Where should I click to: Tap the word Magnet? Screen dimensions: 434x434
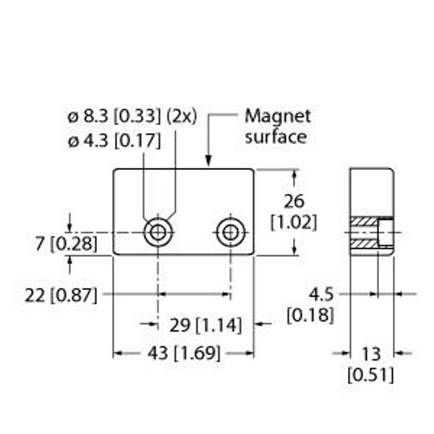(x=278, y=116)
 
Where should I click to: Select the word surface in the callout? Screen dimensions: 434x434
(x=276, y=137)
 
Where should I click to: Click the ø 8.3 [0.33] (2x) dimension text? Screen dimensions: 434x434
(x=132, y=116)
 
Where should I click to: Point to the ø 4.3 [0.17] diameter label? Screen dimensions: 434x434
(x=114, y=140)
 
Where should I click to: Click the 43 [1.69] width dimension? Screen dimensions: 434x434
(x=184, y=354)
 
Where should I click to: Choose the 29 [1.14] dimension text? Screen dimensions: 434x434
(x=205, y=325)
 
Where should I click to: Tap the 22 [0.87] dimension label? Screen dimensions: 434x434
(x=61, y=295)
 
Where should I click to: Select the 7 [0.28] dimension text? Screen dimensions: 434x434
(x=67, y=244)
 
